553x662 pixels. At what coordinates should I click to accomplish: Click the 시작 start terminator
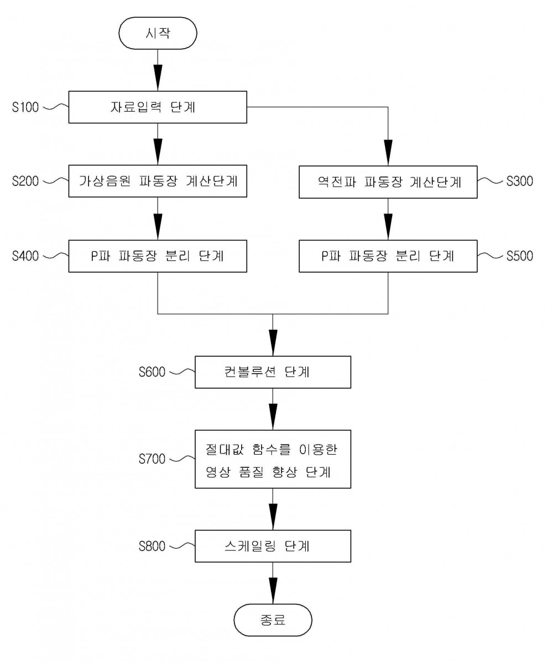pos(158,33)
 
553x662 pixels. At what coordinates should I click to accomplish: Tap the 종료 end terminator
pos(273,620)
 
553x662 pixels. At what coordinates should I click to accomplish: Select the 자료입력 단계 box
pos(158,107)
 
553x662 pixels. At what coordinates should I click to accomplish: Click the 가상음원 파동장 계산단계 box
pos(158,181)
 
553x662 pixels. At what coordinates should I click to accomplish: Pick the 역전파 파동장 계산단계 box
pos(388,182)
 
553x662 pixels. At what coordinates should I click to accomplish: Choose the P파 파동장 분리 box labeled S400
pos(158,256)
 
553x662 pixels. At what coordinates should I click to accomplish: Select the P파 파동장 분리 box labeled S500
pos(388,256)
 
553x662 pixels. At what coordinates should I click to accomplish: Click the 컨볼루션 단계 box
pos(273,372)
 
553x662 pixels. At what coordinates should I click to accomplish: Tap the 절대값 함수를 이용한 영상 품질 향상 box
pos(273,460)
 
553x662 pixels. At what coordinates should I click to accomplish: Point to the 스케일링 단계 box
pos(273,546)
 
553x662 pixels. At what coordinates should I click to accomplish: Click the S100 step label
pos(25,107)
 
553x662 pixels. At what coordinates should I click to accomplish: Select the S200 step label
pos(25,181)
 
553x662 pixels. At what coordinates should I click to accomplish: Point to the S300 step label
pos(520,181)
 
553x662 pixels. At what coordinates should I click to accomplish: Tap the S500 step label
pos(520,256)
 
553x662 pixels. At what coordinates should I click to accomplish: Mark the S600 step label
pos(152,372)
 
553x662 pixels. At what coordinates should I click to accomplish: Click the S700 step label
pos(152,459)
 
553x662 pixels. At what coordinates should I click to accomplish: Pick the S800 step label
pos(152,546)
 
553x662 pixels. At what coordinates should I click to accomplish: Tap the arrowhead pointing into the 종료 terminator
pos(273,591)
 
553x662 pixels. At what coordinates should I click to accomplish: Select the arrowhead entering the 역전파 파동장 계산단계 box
pos(388,153)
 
